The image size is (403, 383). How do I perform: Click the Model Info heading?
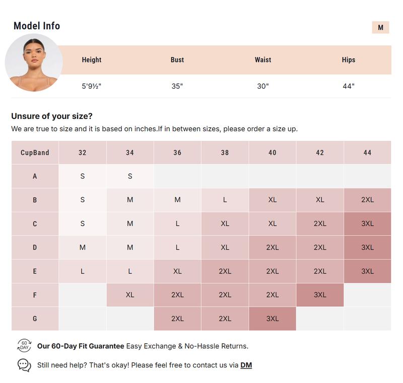[37, 26]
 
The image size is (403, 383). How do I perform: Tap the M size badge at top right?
[380, 28]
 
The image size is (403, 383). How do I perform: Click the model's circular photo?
[34, 62]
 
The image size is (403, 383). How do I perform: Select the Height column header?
[92, 60]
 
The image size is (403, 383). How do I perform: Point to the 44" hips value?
[349, 86]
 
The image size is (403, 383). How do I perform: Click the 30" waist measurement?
[263, 86]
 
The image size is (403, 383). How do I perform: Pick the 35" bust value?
[177, 86]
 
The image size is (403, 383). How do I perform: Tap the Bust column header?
[177, 60]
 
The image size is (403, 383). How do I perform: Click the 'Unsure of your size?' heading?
[52, 116]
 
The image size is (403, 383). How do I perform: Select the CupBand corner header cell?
[35, 153]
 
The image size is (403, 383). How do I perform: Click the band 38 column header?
[225, 153]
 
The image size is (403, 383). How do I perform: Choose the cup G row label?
[35, 318]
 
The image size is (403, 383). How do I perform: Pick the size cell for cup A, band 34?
[130, 176]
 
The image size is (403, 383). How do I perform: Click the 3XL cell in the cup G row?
[273, 318]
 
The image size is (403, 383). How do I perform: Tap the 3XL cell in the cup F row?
[320, 295]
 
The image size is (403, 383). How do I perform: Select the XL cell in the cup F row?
[130, 295]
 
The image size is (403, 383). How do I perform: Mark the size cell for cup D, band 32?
[83, 247]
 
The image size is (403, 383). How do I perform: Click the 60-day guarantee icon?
[24, 346]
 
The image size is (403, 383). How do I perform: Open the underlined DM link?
[246, 365]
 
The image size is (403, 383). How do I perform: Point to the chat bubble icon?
[24, 365]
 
